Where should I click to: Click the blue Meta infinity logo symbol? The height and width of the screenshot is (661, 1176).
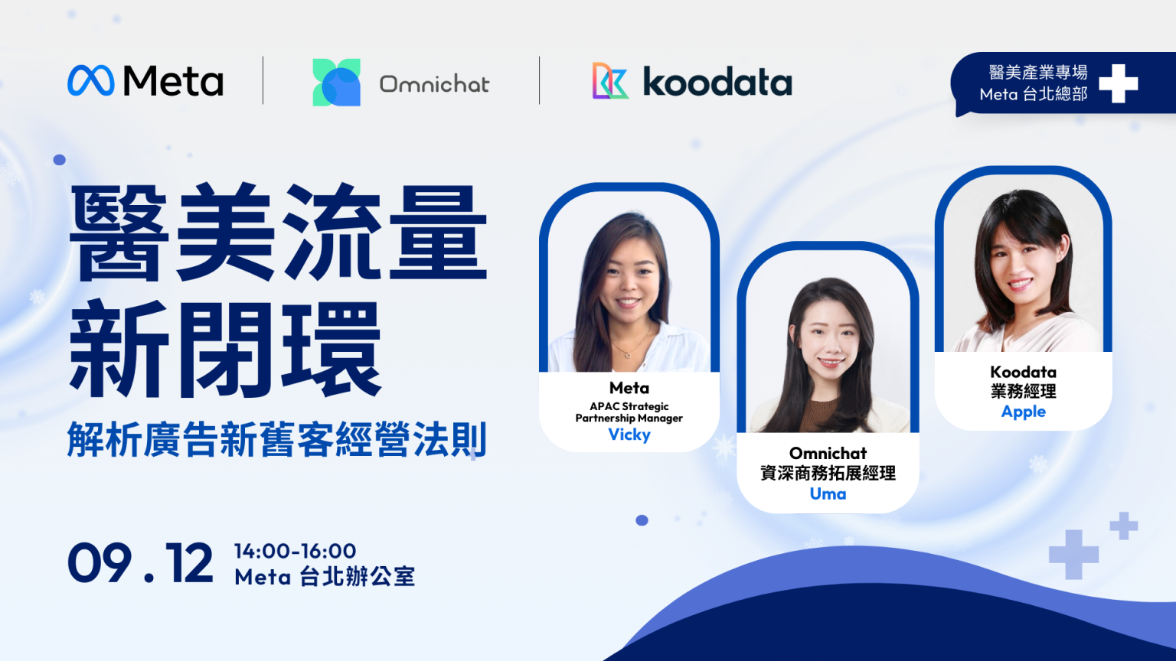point(91,81)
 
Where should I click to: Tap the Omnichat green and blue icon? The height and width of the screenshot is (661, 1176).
point(337,83)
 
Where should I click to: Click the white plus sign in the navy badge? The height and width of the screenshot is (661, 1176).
point(1119,83)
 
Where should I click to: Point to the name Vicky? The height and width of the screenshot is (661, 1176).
point(629,435)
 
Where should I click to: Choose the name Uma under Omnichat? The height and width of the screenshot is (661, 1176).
point(828,493)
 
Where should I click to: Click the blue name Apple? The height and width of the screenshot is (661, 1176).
point(1023,412)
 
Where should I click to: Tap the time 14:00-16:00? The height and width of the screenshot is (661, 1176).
point(295,551)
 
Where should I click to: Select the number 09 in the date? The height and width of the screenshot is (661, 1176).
point(100,562)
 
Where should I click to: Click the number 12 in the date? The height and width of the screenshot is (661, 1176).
point(189,562)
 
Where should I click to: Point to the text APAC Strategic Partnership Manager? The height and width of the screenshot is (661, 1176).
point(629,412)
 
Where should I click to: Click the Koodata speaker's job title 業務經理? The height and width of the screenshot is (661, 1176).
point(1023,392)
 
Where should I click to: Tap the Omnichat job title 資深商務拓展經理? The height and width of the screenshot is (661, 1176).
point(828,474)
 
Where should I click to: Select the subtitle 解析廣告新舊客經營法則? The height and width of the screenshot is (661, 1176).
point(276,440)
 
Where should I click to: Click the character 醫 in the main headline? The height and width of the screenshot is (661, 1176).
point(119,233)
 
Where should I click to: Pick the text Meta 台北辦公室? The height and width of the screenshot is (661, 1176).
point(325,577)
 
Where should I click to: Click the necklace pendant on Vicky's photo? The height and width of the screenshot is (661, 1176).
point(628,356)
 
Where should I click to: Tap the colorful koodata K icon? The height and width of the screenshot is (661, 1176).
point(610,81)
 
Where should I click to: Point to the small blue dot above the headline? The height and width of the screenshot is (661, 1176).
point(59,159)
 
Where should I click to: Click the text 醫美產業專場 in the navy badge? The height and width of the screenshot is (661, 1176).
point(1038,73)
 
